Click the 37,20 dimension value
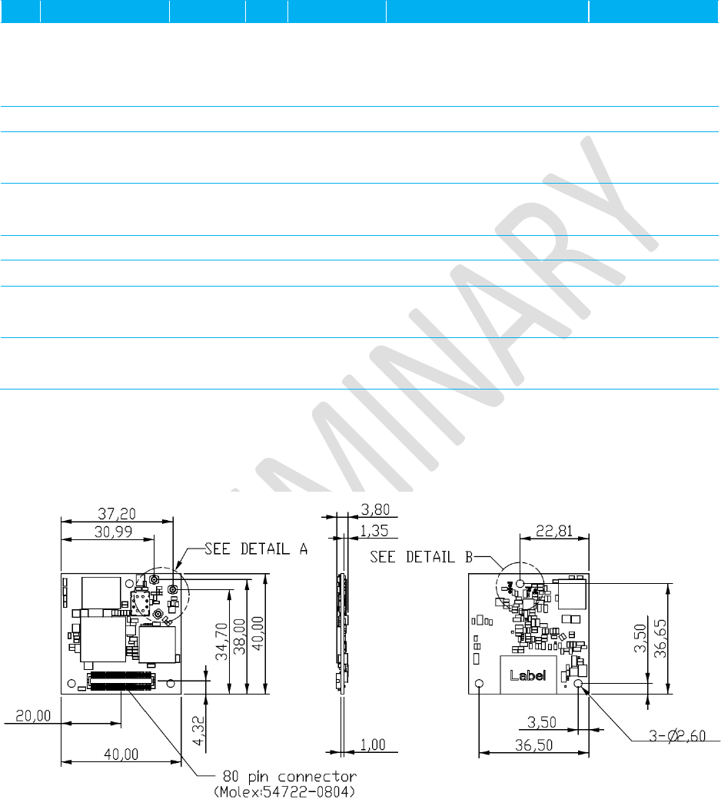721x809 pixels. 117,514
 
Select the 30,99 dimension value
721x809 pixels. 113,532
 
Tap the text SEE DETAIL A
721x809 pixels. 256,549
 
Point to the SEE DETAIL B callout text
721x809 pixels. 421,557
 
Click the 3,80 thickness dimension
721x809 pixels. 375,509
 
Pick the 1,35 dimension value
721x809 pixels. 374,531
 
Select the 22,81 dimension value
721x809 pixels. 554,531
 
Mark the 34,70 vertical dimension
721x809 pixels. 222,642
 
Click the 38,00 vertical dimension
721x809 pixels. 240,637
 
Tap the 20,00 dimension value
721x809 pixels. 33,716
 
